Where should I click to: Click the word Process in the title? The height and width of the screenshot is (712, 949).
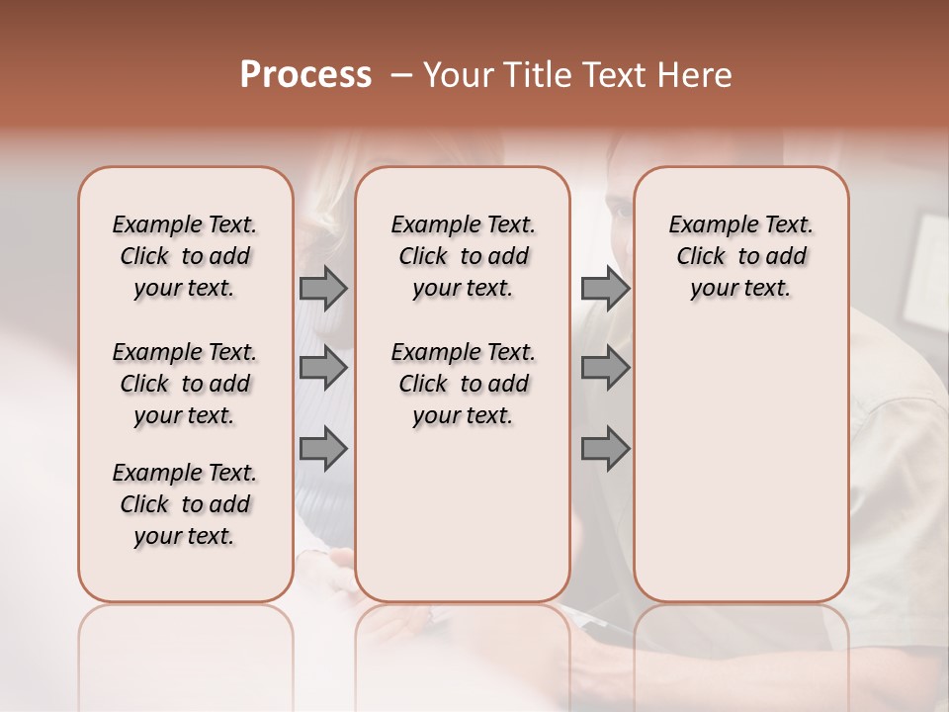coord(305,75)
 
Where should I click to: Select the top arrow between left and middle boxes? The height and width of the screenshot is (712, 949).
coord(323,288)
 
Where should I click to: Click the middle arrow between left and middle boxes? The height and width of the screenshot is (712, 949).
coord(323,368)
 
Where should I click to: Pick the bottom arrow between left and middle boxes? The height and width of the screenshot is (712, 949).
coord(323,448)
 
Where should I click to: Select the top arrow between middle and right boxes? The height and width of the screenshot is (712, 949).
coord(605,288)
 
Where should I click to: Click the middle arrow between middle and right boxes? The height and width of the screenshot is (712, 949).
coord(605,368)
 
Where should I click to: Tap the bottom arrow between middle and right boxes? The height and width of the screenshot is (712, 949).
coord(605,448)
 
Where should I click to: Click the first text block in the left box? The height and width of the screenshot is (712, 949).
coord(185,256)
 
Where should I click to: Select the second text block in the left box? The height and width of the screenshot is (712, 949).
coord(185,384)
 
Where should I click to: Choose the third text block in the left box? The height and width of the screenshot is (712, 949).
coord(185,504)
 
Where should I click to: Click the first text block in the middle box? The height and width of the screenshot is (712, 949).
coord(463,256)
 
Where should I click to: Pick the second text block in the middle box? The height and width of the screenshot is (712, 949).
coord(463,384)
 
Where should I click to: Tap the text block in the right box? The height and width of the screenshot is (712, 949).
coord(740,256)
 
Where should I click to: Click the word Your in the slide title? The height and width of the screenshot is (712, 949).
coord(454,75)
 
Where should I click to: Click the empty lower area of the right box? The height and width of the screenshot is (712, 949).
coord(740,465)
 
